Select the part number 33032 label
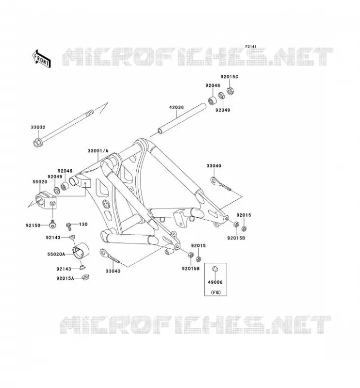point(38,127)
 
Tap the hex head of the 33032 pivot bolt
point(37,143)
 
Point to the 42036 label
point(177,107)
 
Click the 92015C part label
point(229,77)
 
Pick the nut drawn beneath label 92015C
point(230,91)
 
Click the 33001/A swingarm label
point(98,151)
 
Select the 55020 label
point(40,181)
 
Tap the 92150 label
point(33,226)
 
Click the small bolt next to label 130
point(69,225)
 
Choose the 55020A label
point(56,254)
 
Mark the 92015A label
point(65,278)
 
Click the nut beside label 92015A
point(85,277)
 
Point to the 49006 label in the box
point(215,282)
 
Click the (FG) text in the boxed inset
point(215,292)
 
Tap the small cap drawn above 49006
point(215,269)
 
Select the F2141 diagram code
point(251,47)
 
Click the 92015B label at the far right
point(236,238)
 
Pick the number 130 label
point(83,224)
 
